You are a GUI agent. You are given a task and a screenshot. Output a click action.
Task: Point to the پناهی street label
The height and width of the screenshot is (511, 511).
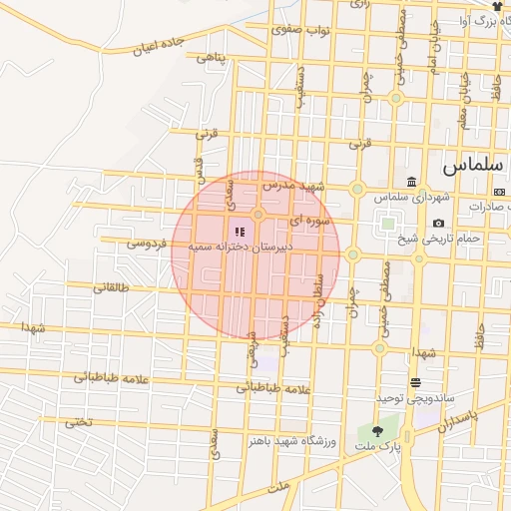pos(212,58)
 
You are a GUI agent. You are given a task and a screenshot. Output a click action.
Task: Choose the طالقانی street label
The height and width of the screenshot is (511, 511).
pos(112,287)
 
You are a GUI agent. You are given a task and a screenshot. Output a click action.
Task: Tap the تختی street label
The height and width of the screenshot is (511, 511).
pos(78,421)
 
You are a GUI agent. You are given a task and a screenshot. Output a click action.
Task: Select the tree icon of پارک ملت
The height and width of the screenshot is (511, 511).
pos(376,431)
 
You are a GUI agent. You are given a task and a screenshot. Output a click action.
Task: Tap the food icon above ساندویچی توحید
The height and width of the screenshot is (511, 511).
pos(415,383)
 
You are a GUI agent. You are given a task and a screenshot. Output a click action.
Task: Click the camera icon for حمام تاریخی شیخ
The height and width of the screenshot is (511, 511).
pos(438,223)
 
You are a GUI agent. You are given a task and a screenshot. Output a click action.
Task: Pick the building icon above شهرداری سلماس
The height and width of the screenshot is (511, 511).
pos(411,182)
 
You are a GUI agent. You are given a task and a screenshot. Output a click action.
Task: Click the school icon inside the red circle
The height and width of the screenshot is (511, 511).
pos(239,232)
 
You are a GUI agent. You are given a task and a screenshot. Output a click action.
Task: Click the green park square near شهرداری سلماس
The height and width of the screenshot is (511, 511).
pos(387,224)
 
